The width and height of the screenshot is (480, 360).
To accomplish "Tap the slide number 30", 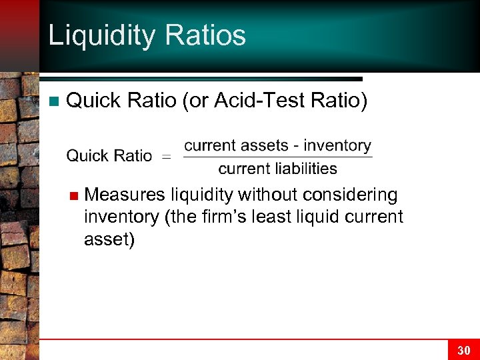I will [x=463, y=350].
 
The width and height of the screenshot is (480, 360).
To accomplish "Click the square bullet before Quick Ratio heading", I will [x=54, y=101].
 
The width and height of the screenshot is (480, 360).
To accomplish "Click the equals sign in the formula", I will [x=167, y=157].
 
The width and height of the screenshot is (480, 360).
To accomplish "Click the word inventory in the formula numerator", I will [x=337, y=145].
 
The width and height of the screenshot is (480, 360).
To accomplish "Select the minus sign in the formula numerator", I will [x=296, y=146].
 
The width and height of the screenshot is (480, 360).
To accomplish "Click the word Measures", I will [x=125, y=195].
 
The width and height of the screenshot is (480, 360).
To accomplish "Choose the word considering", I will [x=350, y=195].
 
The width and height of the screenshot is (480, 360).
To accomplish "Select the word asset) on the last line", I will [x=109, y=239].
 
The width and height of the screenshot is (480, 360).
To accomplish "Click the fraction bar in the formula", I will [x=277, y=157].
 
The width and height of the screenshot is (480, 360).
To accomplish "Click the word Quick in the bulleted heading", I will [x=94, y=101].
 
